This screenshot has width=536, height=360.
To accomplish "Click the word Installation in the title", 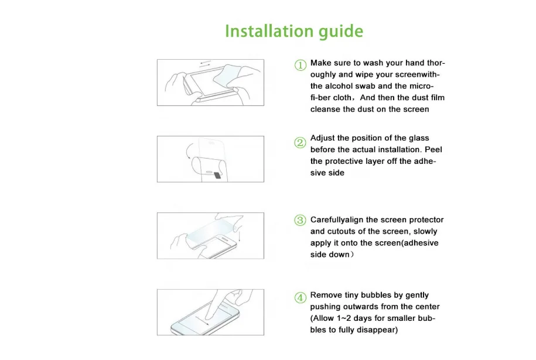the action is pos(269,31).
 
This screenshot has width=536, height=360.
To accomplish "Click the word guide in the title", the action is pos(341,32).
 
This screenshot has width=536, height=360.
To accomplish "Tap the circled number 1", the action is pos(301,65).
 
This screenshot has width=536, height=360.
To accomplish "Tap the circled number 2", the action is pos(300,142).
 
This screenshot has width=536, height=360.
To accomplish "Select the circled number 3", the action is pos(300,220).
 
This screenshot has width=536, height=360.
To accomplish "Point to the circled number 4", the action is pos(300,297).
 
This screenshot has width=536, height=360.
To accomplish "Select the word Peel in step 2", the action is pos(433,150).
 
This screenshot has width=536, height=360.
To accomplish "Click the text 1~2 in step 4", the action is pos(344,318).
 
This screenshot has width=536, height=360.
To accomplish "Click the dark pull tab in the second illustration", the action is pos(217,175).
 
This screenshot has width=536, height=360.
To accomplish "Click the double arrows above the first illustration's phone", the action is pos(205,64).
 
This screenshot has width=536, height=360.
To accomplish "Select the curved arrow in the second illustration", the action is pos(187,150).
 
